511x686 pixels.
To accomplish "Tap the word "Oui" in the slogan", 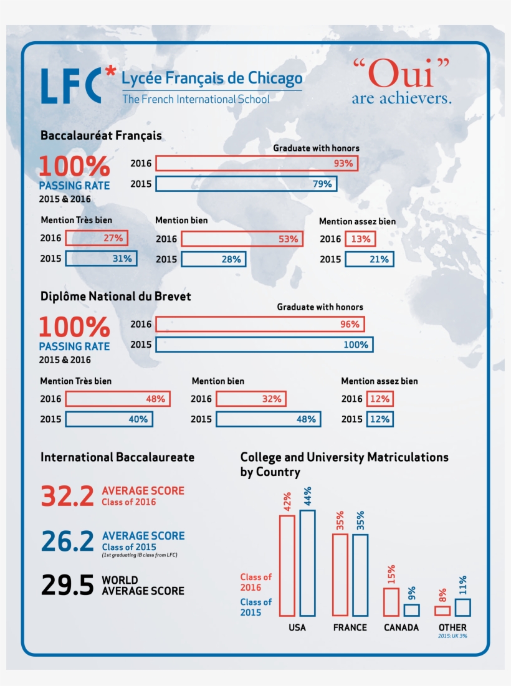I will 401,74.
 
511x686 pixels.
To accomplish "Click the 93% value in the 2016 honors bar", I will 343,164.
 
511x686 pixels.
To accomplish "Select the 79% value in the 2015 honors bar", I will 322,184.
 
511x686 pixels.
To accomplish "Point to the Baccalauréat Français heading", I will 101,136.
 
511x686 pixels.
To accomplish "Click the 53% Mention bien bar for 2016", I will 242,239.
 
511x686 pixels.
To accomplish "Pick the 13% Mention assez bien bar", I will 360,239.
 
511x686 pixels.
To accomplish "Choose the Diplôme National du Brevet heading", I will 115,297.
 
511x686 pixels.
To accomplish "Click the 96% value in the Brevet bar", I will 350,324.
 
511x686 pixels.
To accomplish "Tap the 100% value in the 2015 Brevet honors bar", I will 356,345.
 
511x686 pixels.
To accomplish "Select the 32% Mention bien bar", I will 251,399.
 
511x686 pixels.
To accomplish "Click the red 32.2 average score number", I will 67,496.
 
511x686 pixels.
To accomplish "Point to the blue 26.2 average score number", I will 67,541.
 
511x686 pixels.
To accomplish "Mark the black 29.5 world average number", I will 67,585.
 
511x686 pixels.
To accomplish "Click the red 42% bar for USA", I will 287,565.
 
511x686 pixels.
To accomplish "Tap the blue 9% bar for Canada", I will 411,610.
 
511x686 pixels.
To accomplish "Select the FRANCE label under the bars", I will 350,627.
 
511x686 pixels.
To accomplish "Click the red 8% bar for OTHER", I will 442,611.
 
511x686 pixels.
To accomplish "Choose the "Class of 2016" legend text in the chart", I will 256,582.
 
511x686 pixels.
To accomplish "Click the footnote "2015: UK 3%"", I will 452,636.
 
